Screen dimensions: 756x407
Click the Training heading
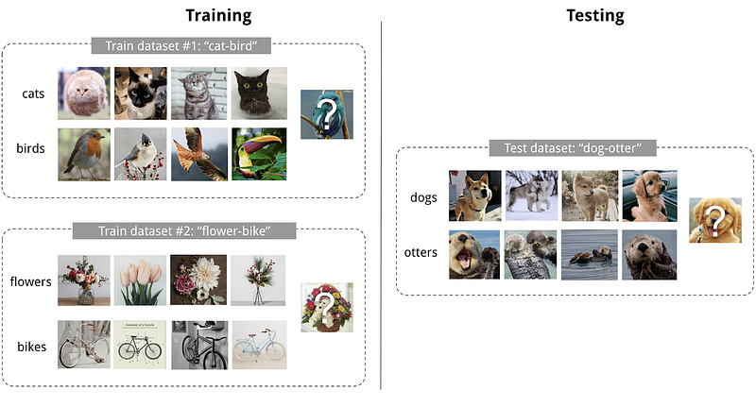218,15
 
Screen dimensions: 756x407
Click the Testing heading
595,15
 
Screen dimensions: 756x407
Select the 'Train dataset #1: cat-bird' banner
180,45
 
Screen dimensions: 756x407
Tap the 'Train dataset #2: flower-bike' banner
184,230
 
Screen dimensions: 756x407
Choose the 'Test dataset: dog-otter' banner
573,148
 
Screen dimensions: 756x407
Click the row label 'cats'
33,93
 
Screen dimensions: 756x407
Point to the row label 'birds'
30,148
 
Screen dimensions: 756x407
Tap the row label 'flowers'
30,281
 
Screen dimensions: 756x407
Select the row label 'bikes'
32,347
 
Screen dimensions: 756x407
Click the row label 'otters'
421,252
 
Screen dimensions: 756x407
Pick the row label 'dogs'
423,197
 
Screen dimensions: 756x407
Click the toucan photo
259,154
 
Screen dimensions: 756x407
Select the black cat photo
259,93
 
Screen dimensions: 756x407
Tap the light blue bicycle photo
259,345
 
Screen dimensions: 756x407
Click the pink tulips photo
140,280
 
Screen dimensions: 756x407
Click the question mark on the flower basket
327,306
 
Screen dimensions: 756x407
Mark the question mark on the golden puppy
716,220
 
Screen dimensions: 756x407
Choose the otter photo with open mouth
474,254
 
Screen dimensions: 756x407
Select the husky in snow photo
531,195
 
